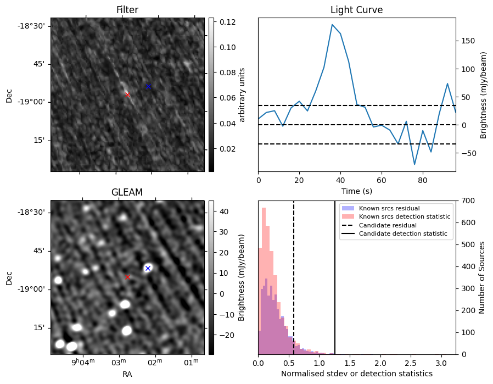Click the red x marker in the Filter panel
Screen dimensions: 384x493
point(127,94)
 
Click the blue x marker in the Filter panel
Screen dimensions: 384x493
point(148,87)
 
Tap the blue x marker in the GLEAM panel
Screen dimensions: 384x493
point(148,268)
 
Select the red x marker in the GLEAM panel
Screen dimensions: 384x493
point(127,277)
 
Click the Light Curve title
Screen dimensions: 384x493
point(356,10)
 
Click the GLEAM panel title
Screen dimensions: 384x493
point(127,192)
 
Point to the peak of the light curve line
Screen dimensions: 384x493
point(332,25)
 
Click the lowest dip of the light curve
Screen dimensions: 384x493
point(414,164)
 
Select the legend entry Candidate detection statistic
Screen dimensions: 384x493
point(402,234)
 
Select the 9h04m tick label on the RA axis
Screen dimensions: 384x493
point(82,362)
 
